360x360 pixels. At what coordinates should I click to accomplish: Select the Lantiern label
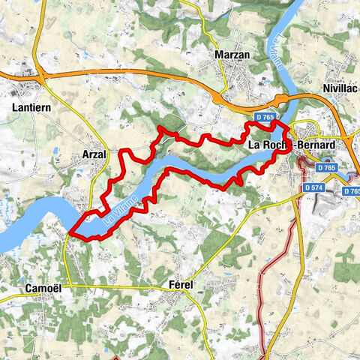click(x=32, y=107)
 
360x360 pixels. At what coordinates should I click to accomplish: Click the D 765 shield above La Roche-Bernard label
click(x=264, y=118)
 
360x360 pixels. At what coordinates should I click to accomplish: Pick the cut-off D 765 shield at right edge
click(x=352, y=191)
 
